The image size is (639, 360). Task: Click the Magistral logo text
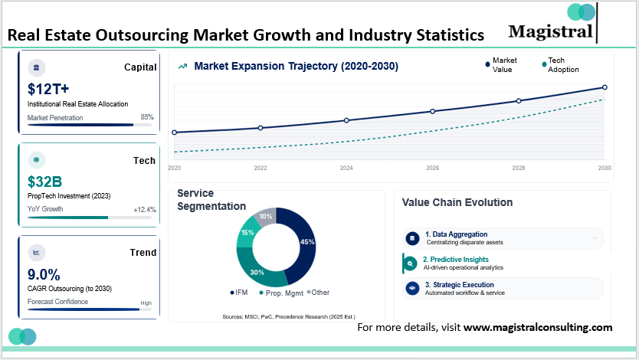tap(550, 31)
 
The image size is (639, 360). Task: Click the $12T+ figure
tap(48, 89)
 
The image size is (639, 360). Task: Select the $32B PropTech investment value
tap(44, 182)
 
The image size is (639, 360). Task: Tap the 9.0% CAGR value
tap(44, 274)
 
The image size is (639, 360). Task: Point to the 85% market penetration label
tap(147, 117)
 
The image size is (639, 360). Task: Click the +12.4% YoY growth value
tap(144, 209)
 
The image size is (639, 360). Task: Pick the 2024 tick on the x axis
tap(346, 168)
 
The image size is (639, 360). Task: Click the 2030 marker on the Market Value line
tap(605, 87)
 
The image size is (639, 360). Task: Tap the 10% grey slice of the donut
tap(264, 218)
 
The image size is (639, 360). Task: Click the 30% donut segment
tap(258, 270)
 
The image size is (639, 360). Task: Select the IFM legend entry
tap(241, 293)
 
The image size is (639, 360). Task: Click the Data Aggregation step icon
tap(411, 238)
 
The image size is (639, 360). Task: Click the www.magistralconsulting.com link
tap(538, 327)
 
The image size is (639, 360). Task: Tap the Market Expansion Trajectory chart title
tap(296, 67)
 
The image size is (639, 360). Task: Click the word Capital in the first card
tap(140, 67)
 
